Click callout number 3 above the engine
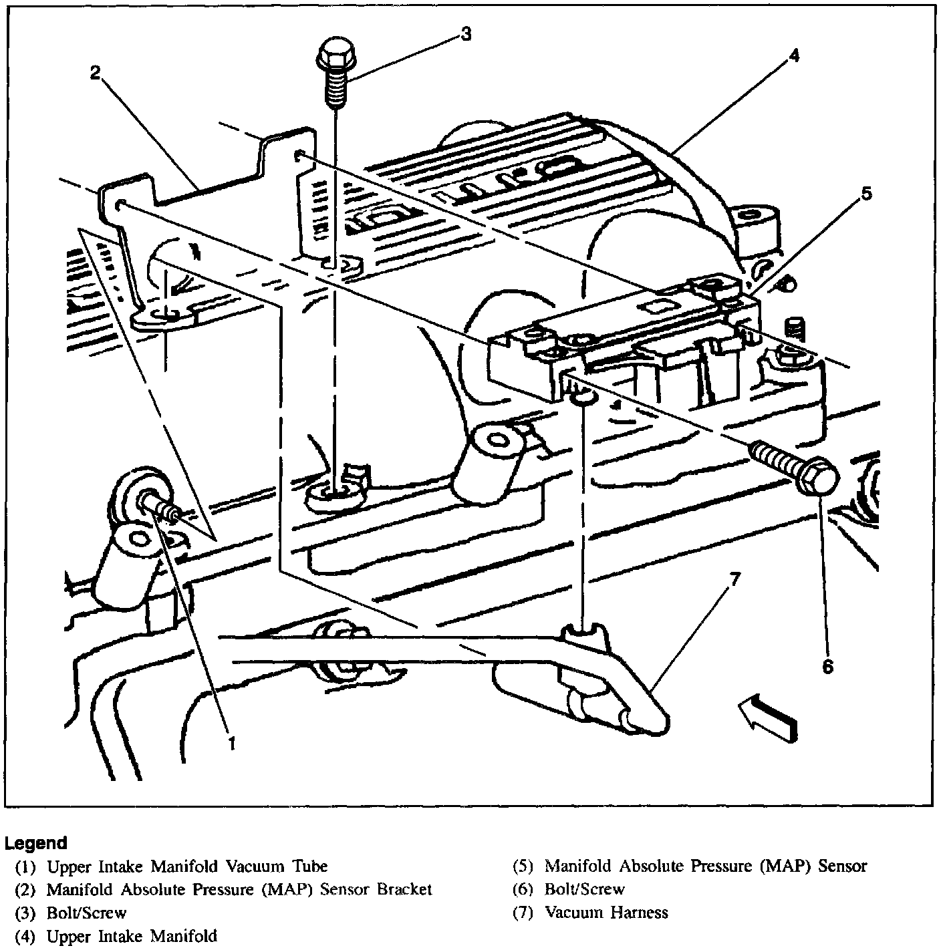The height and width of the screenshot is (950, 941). point(465,33)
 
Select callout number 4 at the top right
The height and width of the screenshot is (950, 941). point(793,57)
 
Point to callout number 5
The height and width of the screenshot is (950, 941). point(866,194)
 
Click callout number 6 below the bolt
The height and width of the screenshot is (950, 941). point(827,666)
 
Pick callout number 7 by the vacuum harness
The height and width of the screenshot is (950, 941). point(735,580)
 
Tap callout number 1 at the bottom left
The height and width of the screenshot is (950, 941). point(232,743)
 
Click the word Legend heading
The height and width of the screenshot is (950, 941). point(36,843)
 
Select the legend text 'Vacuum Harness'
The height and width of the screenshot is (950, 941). point(606,912)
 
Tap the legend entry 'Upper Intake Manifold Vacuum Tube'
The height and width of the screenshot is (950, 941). point(187,866)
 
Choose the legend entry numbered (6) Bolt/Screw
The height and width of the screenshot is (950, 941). point(584,889)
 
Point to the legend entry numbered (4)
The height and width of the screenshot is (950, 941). point(131,936)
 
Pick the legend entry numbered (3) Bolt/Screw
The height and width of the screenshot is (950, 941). point(86,913)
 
